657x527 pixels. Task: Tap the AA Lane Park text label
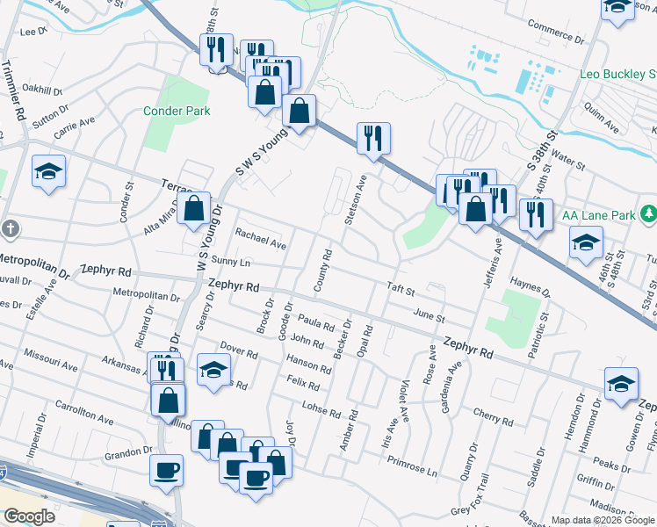[x=600, y=213]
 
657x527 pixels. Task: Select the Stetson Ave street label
[x=355, y=199]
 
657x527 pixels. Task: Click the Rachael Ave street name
[x=261, y=238]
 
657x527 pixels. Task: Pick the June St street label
[x=429, y=316]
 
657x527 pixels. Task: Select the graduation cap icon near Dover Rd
[x=213, y=369]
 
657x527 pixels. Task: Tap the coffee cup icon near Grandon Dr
[x=167, y=471]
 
